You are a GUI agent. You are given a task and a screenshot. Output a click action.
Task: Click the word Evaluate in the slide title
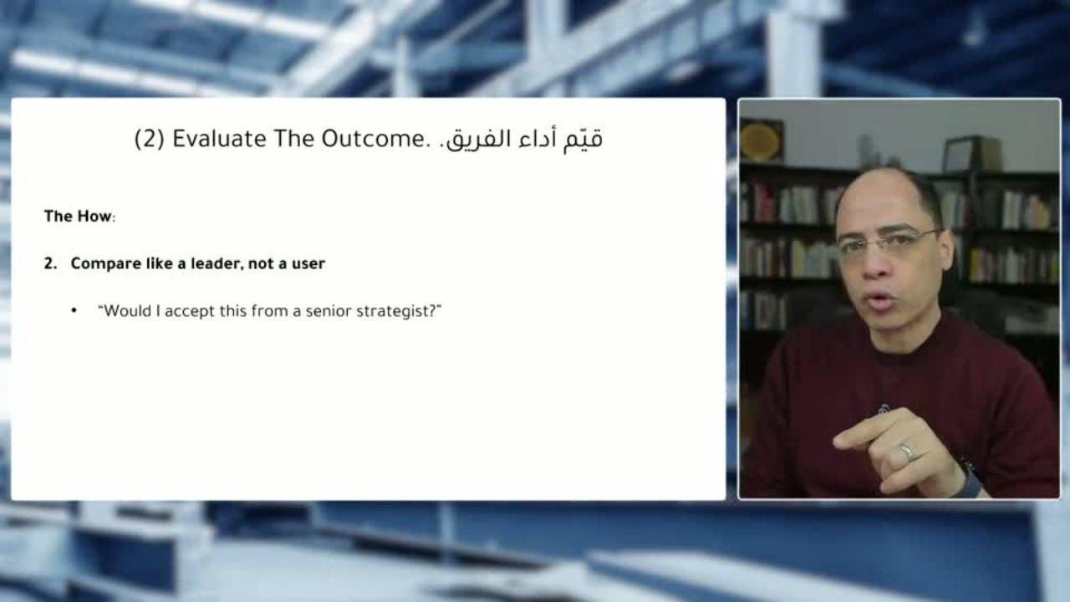pyautogui.click(x=219, y=139)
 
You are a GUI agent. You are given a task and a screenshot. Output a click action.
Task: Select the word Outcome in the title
pyautogui.click(x=373, y=139)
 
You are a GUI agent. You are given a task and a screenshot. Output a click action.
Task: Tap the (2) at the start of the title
pyautogui.click(x=150, y=140)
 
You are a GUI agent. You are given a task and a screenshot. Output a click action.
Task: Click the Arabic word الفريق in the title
pyautogui.click(x=471, y=140)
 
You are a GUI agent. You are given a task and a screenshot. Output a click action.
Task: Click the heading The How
pyautogui.click(x=78, y=217)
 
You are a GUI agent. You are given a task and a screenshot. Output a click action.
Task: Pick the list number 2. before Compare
pyautogui.click(x=50, y=263)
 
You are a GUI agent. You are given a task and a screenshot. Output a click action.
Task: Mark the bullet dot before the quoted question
pyautogui.click(x=74, y=311)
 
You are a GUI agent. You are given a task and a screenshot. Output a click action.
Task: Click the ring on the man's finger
pyautogui.click(x=906, y=452)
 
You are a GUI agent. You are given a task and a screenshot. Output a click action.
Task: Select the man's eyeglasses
pyautogui.click(x=888, y=242)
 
